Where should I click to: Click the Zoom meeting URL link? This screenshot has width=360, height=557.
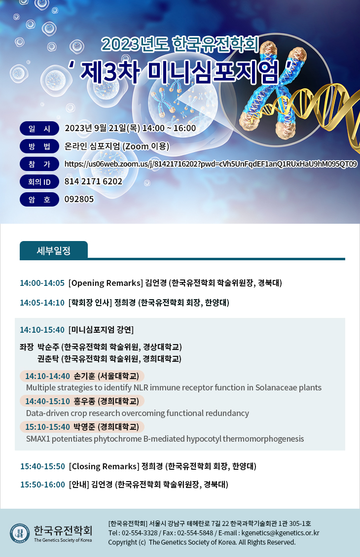pyautogui.click(x=211, y=164)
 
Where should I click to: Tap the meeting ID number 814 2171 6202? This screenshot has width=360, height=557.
pyautogui.click(x=93, y=181)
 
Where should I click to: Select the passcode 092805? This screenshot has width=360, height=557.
pyautogui.click(x=79, y=199)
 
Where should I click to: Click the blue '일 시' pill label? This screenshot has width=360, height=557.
pyautogui.click(x=39, y=129)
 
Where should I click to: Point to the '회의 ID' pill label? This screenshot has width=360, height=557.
pyautogui.click(x=39, y=182)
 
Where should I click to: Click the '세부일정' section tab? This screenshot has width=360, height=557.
pyautogui.click(x=54, y=250)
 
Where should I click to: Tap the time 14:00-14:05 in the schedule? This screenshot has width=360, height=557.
pyautogui.click(x=42, y=283)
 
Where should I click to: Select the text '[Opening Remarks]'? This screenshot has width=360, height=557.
pyautogui.click(x=106, y=283)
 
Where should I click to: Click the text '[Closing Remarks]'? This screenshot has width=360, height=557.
pyautogui.click(x=104, y=466)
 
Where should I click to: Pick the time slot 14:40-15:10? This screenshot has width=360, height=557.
pyautogui.click(x=47, y=401)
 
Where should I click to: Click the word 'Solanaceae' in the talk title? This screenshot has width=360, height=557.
pyautogui.click(x=276, y=387)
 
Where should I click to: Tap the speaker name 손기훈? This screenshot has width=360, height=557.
pyautogui.click(x=84, y=376)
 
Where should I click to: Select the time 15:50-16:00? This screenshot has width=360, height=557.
pyautogui.click(x=42, y=485)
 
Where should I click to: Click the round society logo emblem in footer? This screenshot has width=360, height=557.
pyautogui.click(x=20, y=533)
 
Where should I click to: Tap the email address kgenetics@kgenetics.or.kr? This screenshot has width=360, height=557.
pyautogui.click(x=281, y=533)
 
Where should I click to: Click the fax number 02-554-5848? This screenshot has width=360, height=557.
pyautogui.click(x=195, y=533)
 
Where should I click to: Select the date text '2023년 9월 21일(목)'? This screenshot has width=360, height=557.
pyautogui.click(x=103, y=128)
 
